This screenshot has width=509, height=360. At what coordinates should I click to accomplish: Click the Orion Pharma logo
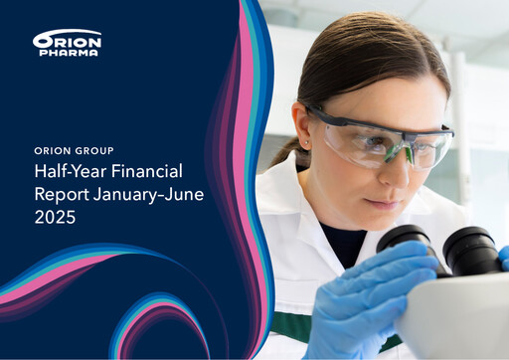(x=67, y=43)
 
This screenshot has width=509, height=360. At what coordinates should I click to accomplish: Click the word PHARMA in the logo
(x=69, y=53)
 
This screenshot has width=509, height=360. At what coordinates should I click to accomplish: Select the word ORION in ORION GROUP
(x=53, y=151)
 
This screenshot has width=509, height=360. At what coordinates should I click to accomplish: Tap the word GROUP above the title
(x=93, y=151)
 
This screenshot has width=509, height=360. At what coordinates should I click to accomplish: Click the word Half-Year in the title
(x=71, y=171)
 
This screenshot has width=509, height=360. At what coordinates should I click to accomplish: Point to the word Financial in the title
(x=147, y=171)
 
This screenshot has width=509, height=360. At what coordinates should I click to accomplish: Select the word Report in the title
(x=62, y=195)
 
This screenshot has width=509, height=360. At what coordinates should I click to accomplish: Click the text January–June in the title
(x=148, y=195)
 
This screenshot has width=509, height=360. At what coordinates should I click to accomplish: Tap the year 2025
(x=55, y=218)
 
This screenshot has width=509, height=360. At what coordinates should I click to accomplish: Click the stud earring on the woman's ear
(x=306, y=142)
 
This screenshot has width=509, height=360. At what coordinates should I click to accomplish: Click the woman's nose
(x=395, y=169)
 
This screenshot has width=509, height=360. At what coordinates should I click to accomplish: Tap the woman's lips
(x=381, y=203)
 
